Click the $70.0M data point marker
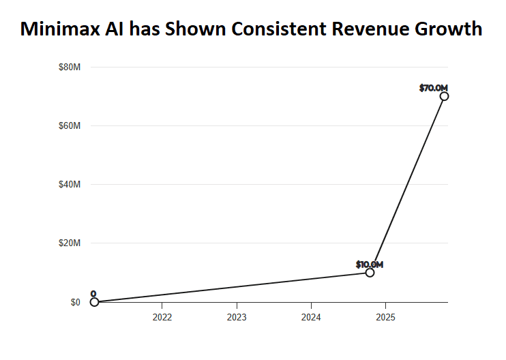[x=444, y=96]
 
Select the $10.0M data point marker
[x=370, y=273]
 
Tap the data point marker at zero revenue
[x=94, y=302]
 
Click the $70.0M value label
[x=433, y=87]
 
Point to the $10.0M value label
[x=369, y=264]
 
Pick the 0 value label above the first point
[x=93, y=294]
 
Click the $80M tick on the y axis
[x=70, y=67]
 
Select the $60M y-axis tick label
[x=70, y=126]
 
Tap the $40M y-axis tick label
[x=70, y=185]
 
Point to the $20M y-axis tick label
[x=70, y=243]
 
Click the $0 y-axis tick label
[x=75, y=302]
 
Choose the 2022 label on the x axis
[x=162, y=316]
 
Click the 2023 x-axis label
[x=237, y=316]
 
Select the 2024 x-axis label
[x=311, y=316]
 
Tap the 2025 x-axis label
[x=385, y=316]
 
